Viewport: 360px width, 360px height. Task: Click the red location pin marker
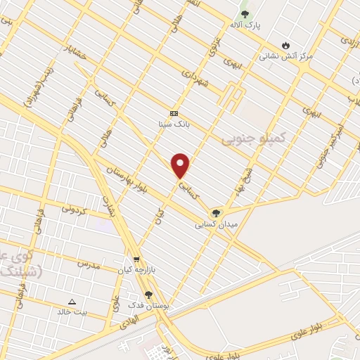pyautogui.click(x=181, y=165)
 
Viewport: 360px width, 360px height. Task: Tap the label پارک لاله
pyautogui.click(x=244, y=25)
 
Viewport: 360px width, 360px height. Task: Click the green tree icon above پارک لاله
pyautogui.click(x=245, y=14)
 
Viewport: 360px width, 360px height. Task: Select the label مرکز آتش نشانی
pyautogui.click(x=285, y=55)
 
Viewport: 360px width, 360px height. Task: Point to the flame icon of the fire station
pyautogui.click(x=285, y=44)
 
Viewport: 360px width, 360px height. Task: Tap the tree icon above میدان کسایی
pyautogui.click(x=216, y=213)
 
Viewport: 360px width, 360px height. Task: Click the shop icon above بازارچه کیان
pyautogui.click(x=136, y=259)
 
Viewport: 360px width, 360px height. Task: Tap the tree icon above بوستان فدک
pyautogui.click(x=148, y=295)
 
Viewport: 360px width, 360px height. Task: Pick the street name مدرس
pyautogui.click(x=88, y=264)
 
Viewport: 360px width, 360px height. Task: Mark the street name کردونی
pyautogui.click(x=73, y=209)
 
